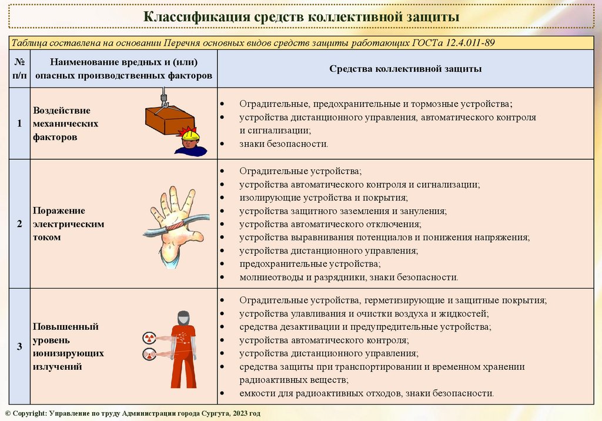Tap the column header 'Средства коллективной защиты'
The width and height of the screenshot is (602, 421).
(405, 69)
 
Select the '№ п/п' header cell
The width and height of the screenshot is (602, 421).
(19, 68)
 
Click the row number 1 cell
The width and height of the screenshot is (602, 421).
(19, 123)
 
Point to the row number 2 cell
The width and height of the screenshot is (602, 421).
(19, 224)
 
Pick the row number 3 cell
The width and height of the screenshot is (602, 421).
(19, 346)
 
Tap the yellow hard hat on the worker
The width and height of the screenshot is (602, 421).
(190, 136)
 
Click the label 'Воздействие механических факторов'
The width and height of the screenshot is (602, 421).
(65, 123)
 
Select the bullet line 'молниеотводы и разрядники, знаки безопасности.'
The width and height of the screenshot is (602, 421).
(348, 277)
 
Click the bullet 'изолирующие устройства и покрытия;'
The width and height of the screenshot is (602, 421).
(323, 198)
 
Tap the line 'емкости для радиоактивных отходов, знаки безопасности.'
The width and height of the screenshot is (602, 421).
(366, 393)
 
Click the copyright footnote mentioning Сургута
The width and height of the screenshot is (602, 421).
(132, 414)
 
